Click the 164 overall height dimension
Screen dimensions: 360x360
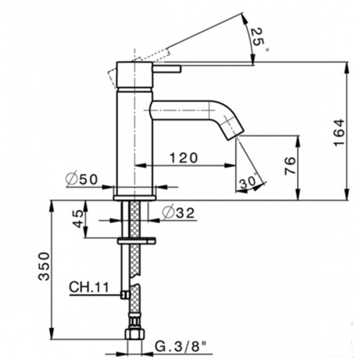pos(339,132)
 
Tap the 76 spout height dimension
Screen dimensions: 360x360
pos(289,166)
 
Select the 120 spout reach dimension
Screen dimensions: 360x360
pos(184,158)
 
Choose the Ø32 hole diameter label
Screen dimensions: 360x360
pos(178,213)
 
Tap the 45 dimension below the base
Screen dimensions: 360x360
pos(78,219)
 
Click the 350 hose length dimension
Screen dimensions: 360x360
pos(44,266)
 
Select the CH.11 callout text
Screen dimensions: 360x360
pos(89,287)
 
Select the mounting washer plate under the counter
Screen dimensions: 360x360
pos(137,241)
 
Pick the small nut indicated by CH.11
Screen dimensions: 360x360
pos(126,295)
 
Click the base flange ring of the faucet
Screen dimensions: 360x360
pos(135,198)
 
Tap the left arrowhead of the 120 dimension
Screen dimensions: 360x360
pos(140,165)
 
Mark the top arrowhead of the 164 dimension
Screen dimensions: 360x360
pos(346,67)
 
